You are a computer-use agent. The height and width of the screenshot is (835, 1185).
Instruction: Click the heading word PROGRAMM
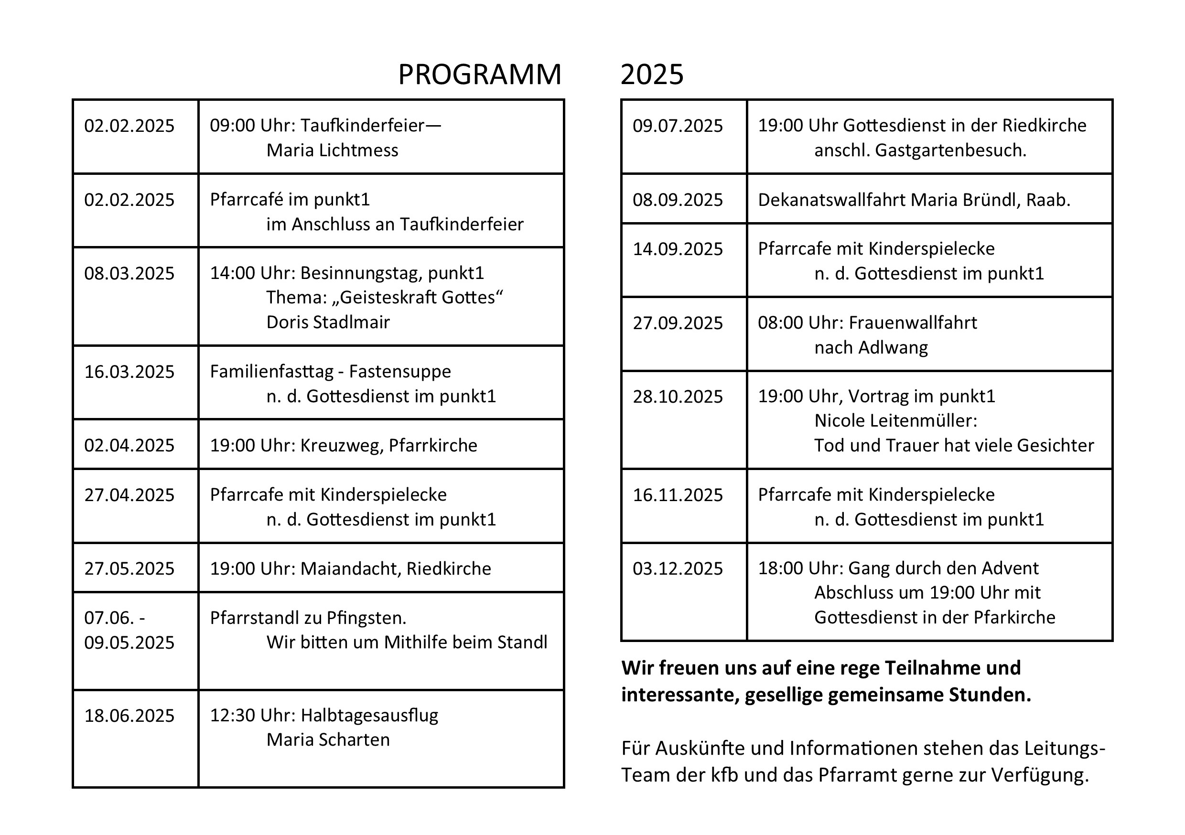(479, 75)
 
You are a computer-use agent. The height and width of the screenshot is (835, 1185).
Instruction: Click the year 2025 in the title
(652, 75)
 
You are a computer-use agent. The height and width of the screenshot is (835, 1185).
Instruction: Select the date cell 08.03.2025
(129, 274)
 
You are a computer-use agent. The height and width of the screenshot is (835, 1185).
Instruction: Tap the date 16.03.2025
(129, 372)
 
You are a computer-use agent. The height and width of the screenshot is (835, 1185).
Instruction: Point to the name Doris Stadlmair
(328, 322)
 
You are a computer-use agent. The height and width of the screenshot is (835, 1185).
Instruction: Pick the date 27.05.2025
(129, 569)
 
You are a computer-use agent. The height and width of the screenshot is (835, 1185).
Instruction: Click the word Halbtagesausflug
(369, 716)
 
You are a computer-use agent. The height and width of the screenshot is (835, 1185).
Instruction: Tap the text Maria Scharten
(328, 740)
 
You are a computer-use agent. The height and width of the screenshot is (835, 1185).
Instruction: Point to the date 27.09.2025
(678, 323)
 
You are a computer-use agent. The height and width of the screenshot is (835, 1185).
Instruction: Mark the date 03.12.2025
(678, 569)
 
